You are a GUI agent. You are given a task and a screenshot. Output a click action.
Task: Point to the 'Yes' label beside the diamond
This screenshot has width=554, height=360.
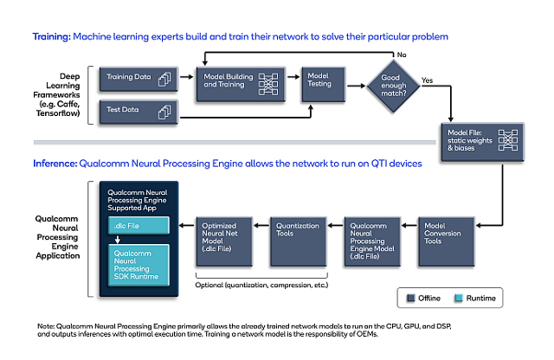[428, 79]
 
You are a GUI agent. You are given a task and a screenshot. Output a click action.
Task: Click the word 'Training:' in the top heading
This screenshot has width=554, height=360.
[52, 37]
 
